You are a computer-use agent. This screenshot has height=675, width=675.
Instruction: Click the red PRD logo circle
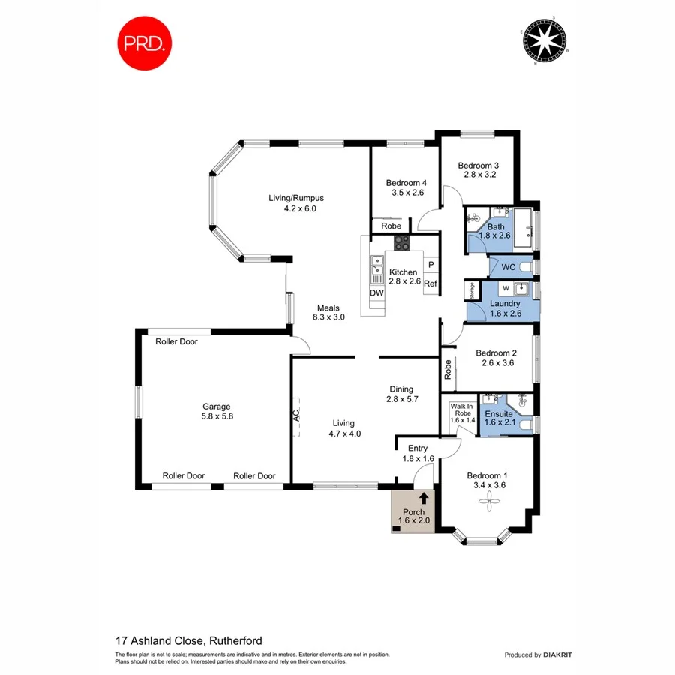(x=144, y=43)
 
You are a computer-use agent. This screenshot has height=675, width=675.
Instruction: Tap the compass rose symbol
(x=544, y=41)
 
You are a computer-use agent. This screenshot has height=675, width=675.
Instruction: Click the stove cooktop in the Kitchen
(x=402, y=242)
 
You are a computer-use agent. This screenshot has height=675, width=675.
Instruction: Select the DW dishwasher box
(x=376, y=292)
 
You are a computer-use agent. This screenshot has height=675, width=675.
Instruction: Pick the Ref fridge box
(x=430, y=283)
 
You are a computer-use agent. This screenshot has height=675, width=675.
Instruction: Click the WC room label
(x=508, y=267)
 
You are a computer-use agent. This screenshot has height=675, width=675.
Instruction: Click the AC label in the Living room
(x=295, y=415)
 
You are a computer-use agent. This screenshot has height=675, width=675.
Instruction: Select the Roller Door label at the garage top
(x=176, y=341)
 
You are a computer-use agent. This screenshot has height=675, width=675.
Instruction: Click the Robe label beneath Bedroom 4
(x=390, y=226)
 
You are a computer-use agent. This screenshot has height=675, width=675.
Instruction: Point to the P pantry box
(x=430, y=265)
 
